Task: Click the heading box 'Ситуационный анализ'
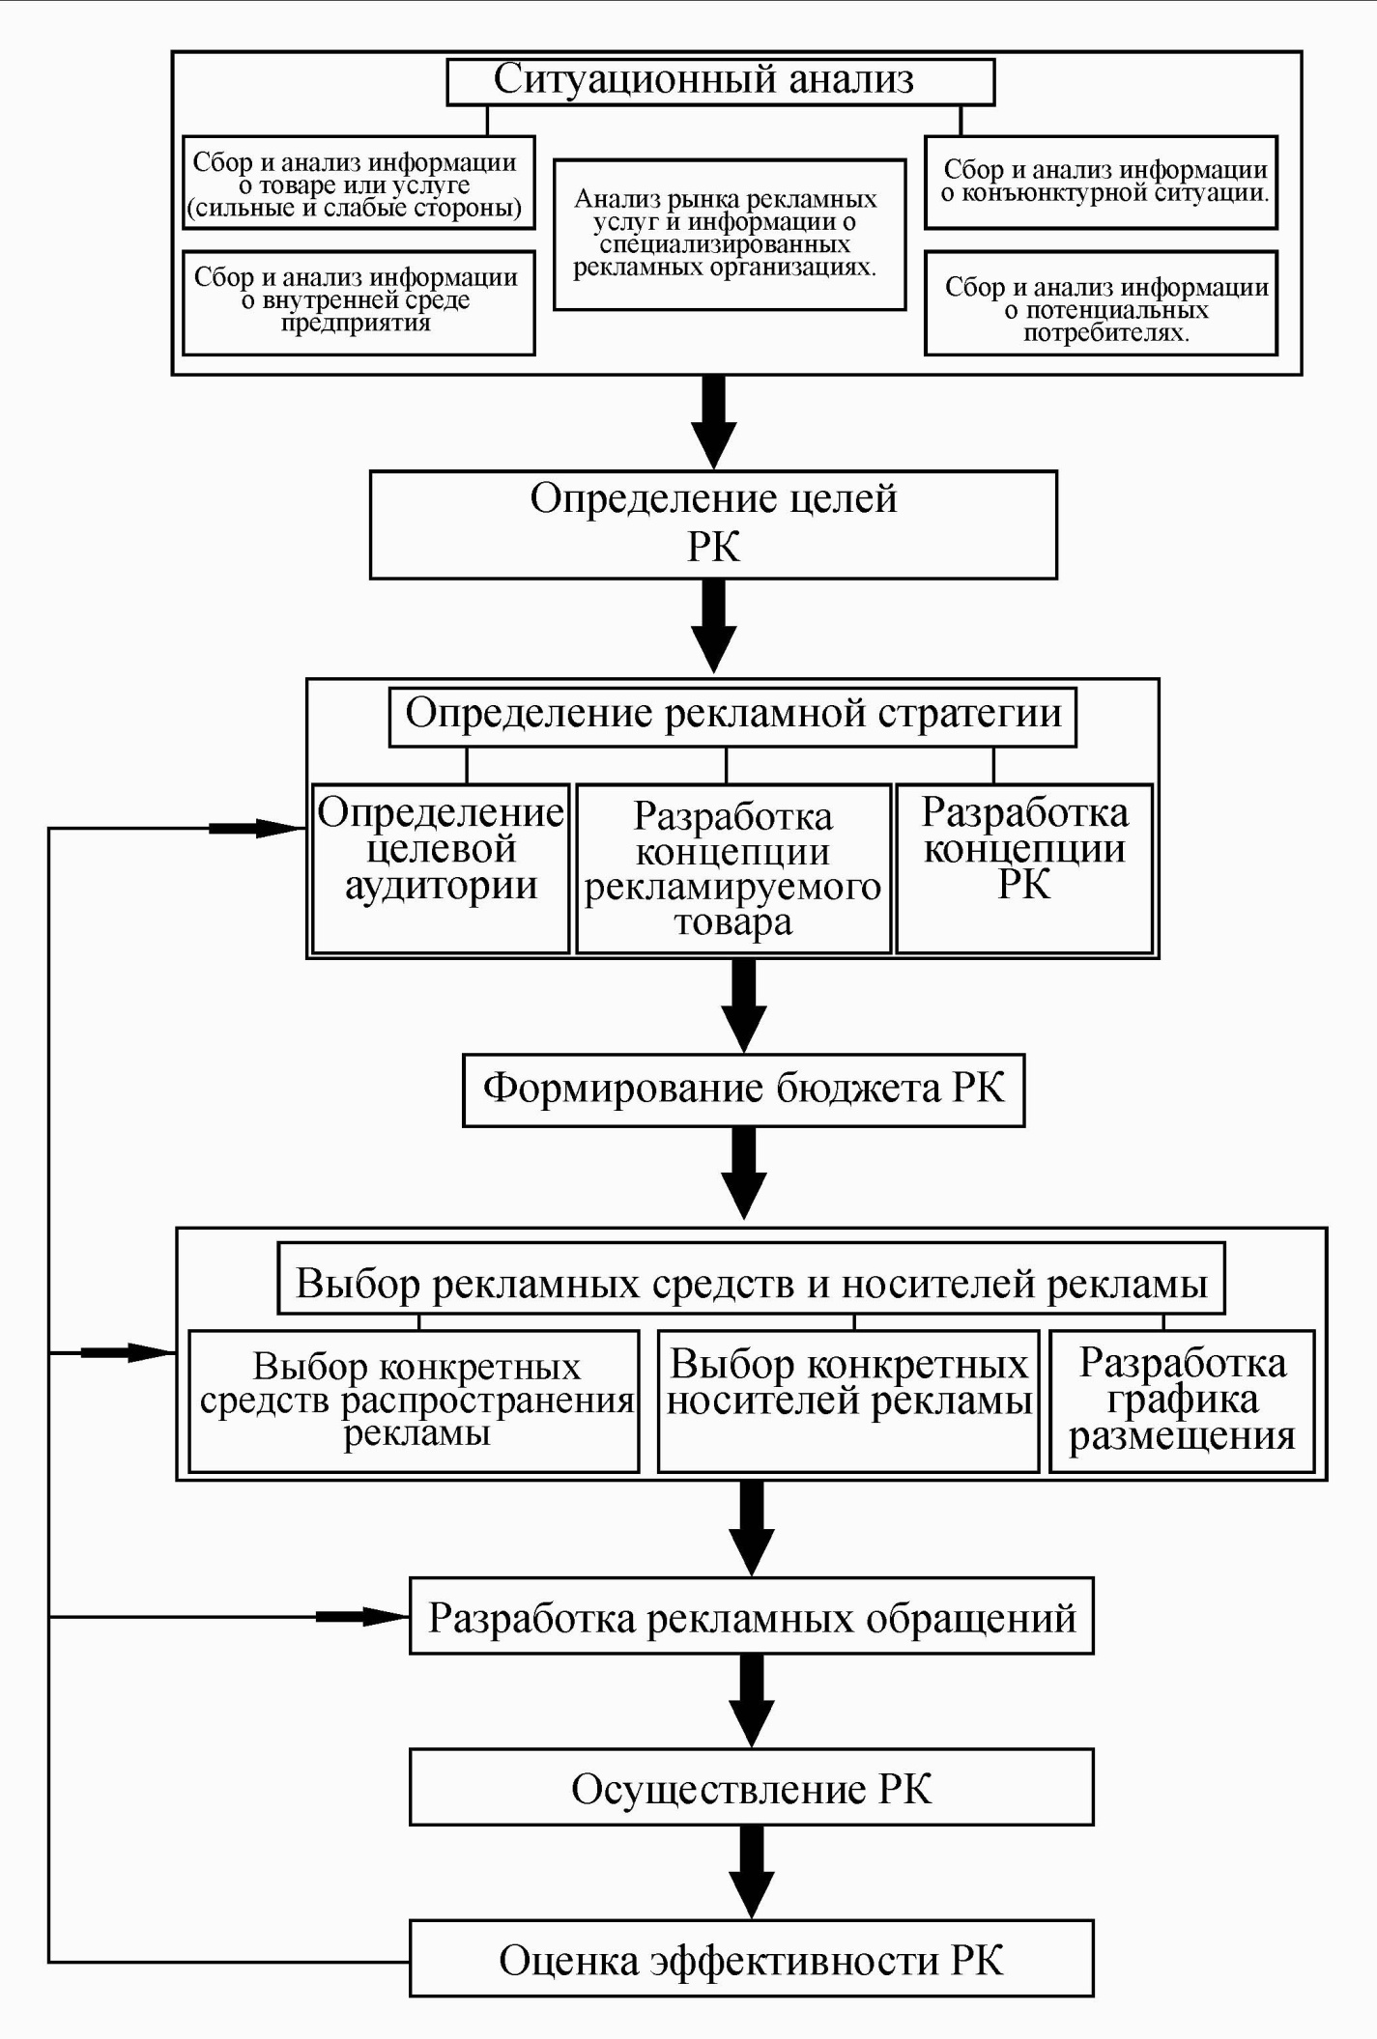720,81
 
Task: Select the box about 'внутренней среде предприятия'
358,301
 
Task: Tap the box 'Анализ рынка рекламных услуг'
729,234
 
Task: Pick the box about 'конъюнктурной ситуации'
1101,182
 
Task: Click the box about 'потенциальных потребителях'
1101,303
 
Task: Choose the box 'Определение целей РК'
713,524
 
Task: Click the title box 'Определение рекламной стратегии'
732,716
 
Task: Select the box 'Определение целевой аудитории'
441,867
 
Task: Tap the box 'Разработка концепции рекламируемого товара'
732,867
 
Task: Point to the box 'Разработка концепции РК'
1024,867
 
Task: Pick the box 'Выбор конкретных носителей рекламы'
847,1400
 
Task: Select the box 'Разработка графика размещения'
1182,1400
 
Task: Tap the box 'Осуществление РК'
751,1788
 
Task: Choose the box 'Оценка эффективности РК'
751,1959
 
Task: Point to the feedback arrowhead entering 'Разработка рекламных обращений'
387,1616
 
